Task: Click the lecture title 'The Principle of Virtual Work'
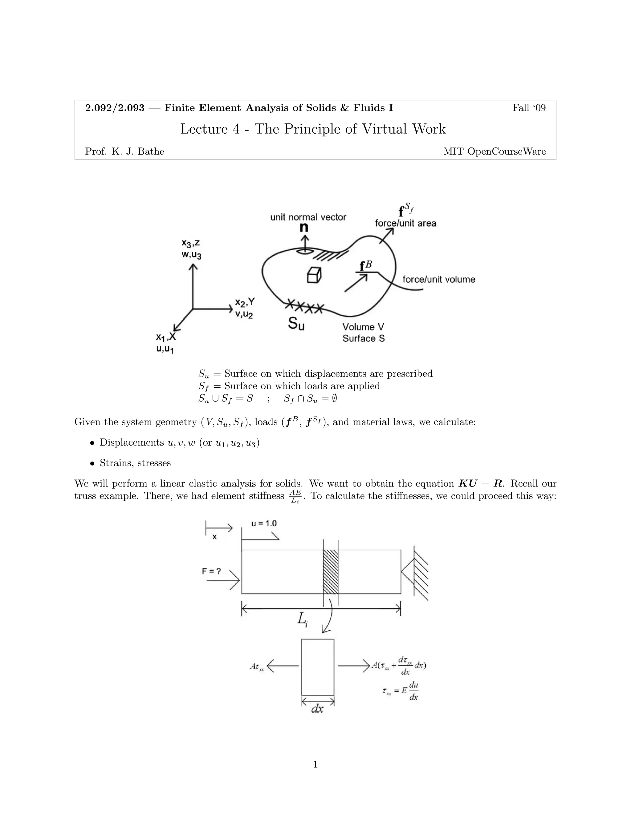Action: coord(350,129)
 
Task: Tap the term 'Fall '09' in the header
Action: coord(529,108)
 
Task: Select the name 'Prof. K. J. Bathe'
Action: coord(124,151)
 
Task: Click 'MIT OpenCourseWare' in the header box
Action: coord(494,151)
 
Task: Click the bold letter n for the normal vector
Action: coord(305,227)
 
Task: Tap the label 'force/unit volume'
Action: coord(438,280)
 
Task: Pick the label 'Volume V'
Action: coord(363,327)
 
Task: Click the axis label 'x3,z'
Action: coord(190,243)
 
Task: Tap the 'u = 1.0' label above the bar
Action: coord(264,523)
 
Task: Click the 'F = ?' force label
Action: coord(212,571)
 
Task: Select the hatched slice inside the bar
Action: coord(331,572)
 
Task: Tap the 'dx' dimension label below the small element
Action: coord(317,709)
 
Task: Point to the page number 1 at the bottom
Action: coord(315,765)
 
